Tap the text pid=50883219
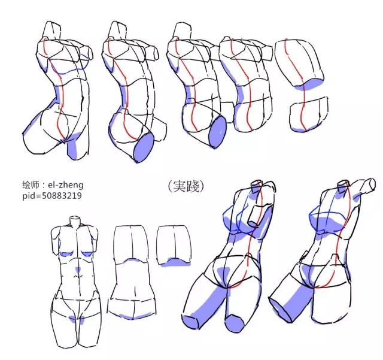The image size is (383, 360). (52, 196)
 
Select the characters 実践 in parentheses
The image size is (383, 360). (186, 186)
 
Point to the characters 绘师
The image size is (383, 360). (31, 185)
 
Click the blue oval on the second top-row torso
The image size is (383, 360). (144, 148)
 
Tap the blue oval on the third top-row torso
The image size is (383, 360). (218, 132)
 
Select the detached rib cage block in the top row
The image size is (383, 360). (299, 64)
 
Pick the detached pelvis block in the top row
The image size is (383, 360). (309, 114)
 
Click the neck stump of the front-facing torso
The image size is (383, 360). (75, 221)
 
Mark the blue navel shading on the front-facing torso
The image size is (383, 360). (78, 270)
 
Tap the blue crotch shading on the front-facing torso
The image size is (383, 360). (77, 319)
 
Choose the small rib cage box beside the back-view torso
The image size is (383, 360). (174, 246)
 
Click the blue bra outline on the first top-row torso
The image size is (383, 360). (70, 66)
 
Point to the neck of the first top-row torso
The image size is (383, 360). (52, 29)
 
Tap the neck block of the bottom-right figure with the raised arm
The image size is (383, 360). (342, 187)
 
